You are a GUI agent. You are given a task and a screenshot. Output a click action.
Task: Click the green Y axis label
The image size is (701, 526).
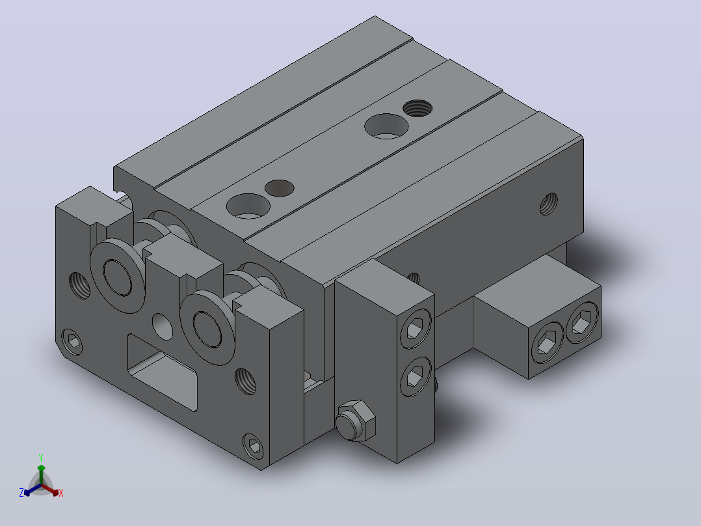[x=41, y=458]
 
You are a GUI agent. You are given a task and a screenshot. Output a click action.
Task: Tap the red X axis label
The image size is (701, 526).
[x=61, y=493]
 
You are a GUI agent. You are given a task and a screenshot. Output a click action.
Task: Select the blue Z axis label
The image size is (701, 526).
[x=21, y=493]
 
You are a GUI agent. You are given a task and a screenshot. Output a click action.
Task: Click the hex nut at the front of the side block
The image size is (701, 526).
[x=356, y=421]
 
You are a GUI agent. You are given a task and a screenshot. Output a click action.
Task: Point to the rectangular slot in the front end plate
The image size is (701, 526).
[x=163, y=372]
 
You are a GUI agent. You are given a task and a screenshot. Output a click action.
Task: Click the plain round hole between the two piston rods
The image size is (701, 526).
[x=163, y=326]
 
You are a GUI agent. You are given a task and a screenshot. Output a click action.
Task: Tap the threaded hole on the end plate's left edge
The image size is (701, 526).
[x=79, y=286]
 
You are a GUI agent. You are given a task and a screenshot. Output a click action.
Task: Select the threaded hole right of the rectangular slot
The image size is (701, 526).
[x=245, y=381]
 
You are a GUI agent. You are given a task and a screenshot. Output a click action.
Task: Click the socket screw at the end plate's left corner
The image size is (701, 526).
[x=72, y=342]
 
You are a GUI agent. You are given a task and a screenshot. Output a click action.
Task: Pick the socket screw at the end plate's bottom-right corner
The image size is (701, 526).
[x=253, y=446]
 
